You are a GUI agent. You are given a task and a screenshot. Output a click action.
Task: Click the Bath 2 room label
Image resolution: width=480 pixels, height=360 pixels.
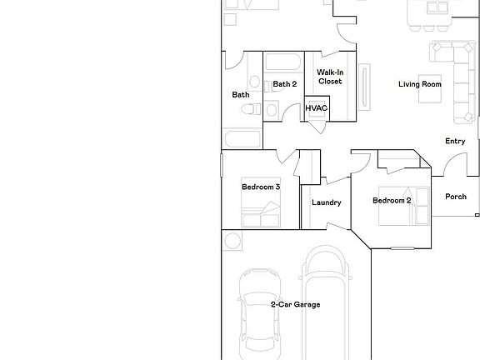(284, 84)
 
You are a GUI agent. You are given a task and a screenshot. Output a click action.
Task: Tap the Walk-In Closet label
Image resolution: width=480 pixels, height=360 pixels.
(330, 77)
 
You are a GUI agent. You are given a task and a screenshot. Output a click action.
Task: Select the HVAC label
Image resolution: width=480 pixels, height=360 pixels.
(316, 108)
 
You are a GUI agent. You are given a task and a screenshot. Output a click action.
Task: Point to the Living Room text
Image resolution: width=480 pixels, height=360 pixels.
(419, 84)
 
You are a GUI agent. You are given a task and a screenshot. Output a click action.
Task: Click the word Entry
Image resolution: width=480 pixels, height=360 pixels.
(455, 142)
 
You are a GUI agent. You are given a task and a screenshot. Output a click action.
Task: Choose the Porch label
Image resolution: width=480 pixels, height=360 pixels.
(456, 197)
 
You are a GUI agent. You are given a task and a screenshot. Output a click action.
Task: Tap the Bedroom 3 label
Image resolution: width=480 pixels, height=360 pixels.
(260, 187)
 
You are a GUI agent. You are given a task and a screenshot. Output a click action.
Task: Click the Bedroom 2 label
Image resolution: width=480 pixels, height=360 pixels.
(392, 201)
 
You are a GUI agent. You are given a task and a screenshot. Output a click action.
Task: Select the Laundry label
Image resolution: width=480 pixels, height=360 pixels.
(327, 203)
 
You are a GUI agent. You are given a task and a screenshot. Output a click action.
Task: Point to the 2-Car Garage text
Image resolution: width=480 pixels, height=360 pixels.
(295, 305)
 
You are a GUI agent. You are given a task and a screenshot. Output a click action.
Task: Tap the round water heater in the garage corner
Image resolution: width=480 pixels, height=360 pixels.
(232, 242)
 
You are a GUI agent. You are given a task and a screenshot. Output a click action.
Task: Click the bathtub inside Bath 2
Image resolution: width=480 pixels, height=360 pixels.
(284, 62)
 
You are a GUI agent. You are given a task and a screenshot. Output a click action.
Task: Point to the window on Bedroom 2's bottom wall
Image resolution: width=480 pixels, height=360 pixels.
(402, 247)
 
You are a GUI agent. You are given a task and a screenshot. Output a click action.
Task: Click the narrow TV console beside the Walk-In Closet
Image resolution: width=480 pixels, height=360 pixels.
(362, 85)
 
